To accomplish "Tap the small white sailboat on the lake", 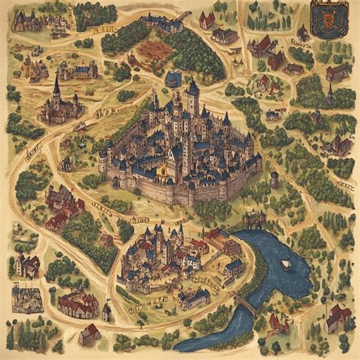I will pyautogui.click(x=286, y=264).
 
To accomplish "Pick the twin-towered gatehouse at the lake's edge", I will pyautogui.click(x=254, y=220).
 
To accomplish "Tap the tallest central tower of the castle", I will pyautogui.click(x=193, y=95).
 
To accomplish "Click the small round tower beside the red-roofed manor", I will pyautogui.click(x=107, y=311).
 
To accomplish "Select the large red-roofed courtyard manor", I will pyautogui.click(x=77, y=304).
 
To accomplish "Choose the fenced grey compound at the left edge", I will pyautogui.click(x=24, y=296).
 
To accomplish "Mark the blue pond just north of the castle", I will pyautogui.click(x=173, y=79).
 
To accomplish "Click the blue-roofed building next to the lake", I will pyautogui.click(x=234, y=267).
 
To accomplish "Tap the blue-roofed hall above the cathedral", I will pyautogui.click(x=84, y=71).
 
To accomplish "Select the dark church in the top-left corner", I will pyautogui.click(x=29, y=21).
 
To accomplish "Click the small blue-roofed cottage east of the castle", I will pyautogui.click(x=272, y=115).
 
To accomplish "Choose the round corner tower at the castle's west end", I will pyautogui.click(x=103, y=162).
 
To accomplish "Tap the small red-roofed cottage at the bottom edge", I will pyautogui.click(x=90, y=334).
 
